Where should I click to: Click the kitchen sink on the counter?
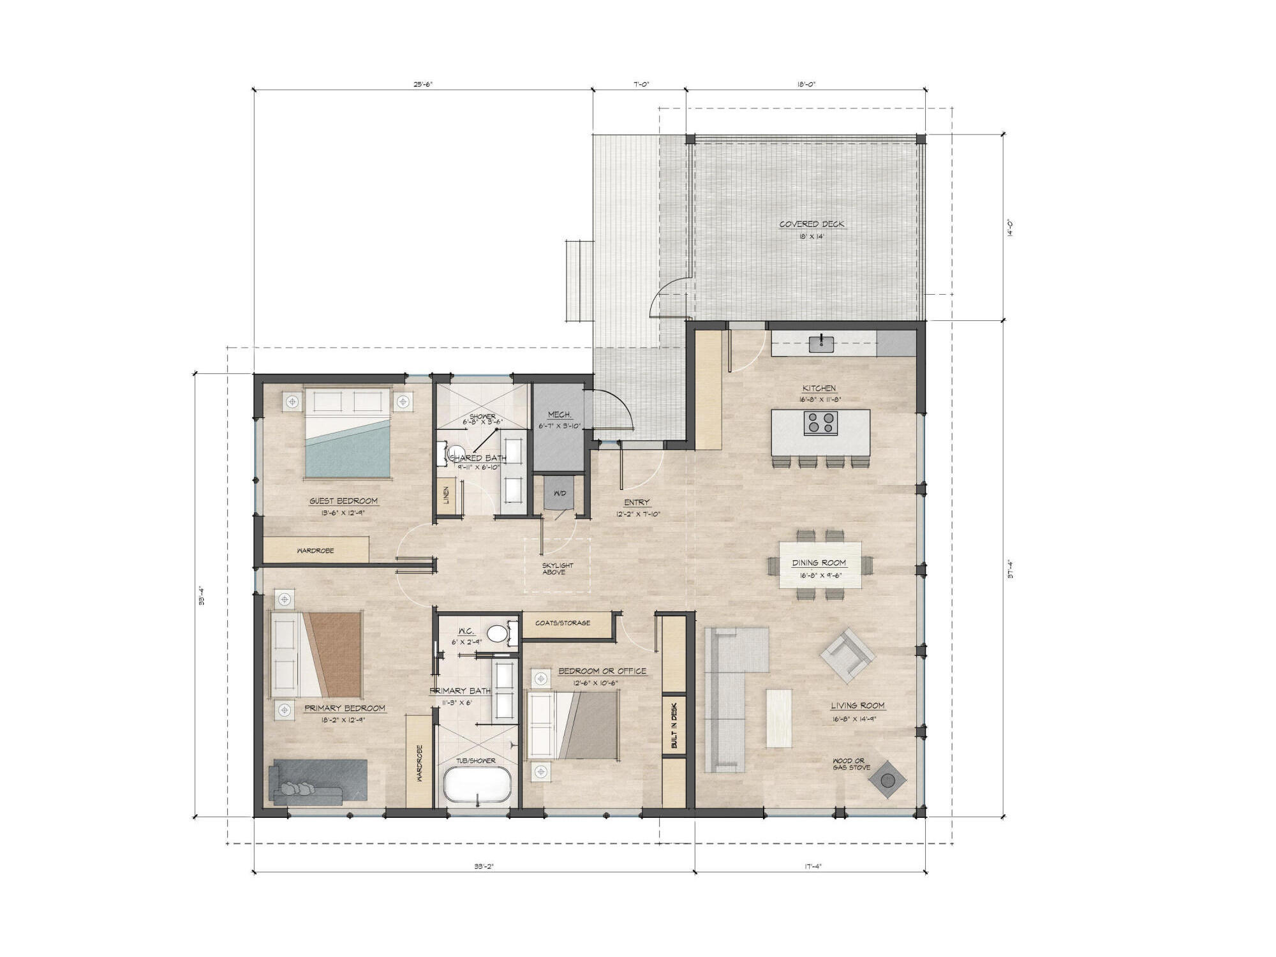click(822, 345)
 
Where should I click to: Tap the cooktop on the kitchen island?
click(820, 423)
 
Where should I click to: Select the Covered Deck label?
click(812, 225)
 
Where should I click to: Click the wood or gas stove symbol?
click(887, 780)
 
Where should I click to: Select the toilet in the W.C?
click(496, 634)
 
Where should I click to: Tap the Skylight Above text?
click(557, 568)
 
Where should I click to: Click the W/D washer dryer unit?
click(560, 494)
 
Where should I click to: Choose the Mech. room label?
click(560, 415)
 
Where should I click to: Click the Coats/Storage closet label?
click(563, 623)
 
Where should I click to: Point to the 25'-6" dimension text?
click(422, 84)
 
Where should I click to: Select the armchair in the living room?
click(847, 655)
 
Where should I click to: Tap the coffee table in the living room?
click(778, 718)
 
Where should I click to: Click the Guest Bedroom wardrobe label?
click(315, 551)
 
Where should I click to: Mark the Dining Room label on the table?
click(819, 563)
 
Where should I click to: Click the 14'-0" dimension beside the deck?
click(1009, 228)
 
